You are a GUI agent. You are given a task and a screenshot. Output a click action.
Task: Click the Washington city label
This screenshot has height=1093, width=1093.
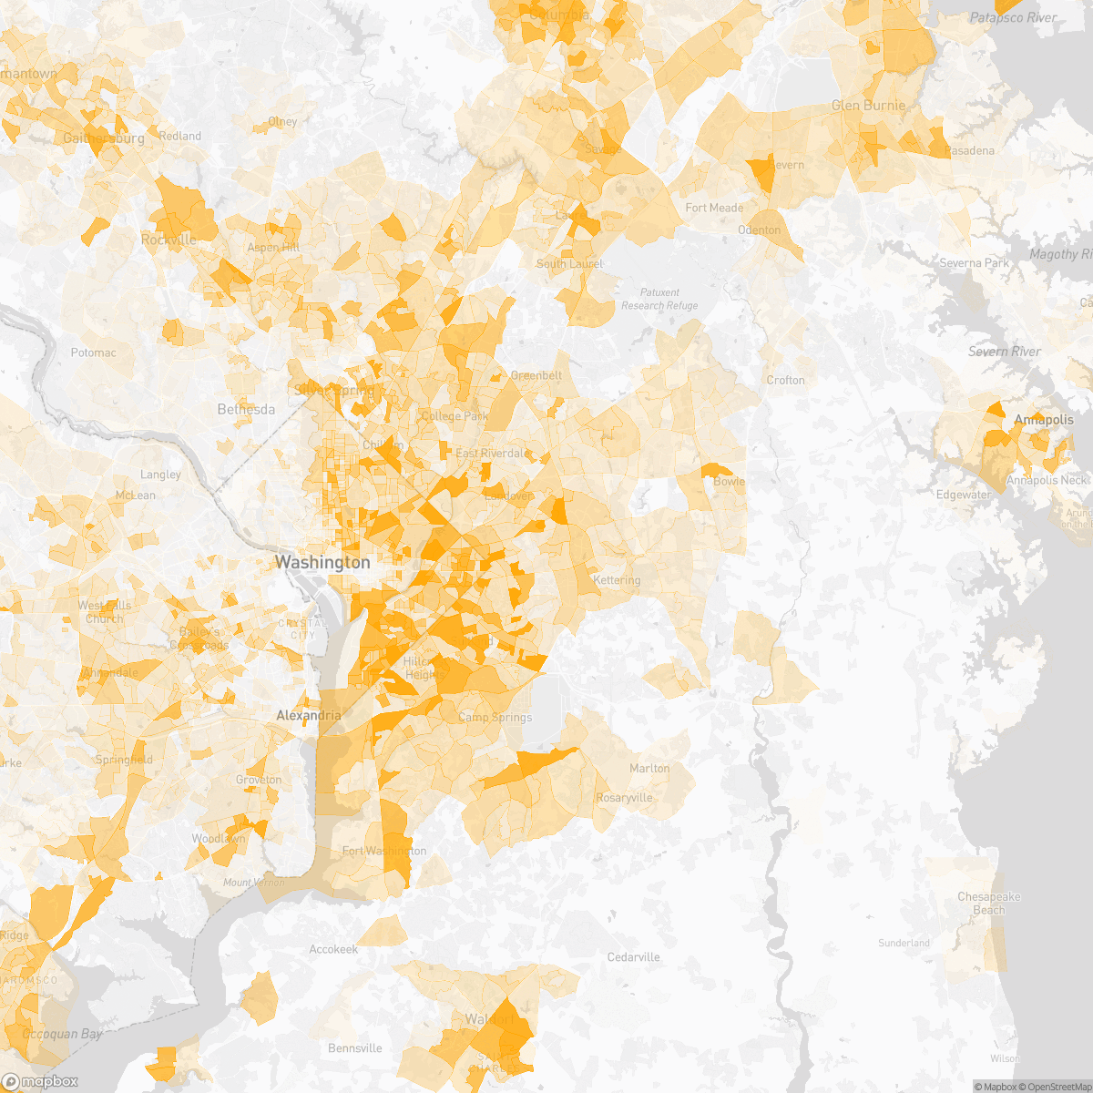tap(322, 563)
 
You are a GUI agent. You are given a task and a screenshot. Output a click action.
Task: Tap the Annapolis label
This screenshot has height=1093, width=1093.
tap(1044, 420)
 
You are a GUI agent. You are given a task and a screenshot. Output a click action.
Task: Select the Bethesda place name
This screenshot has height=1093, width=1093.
tap(246, 410)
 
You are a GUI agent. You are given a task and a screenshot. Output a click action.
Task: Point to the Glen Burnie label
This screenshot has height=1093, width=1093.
tap(868, 106)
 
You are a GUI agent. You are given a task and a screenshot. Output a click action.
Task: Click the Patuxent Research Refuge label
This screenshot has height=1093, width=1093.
tap(659, 299)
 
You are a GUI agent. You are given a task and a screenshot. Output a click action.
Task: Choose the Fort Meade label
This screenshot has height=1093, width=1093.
tap(714, 208)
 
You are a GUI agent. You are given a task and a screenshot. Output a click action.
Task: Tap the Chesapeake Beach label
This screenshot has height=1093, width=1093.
tap(988, 903)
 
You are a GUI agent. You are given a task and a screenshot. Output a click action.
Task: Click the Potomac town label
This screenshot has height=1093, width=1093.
tap(94, 352)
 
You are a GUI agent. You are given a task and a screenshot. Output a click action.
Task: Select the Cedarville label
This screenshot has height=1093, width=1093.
tap(633, 957)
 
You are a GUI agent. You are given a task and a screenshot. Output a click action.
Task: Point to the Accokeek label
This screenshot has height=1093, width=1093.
tap(333, 949)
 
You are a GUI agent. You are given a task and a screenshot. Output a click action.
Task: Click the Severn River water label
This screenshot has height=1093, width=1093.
tap(1005, 352)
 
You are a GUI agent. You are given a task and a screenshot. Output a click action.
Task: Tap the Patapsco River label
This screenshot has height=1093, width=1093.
tap(1013, 18)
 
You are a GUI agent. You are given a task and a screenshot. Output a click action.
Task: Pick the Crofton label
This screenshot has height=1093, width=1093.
tap(785, 380)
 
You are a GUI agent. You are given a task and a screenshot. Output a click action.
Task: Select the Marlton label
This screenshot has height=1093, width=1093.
tap(649, 769)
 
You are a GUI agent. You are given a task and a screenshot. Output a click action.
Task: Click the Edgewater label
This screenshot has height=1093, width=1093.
tap(964, 495)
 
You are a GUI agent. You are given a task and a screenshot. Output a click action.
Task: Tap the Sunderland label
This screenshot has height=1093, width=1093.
tap(904, 943)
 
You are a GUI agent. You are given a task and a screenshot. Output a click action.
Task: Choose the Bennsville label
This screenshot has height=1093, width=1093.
tap(355, 1048)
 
